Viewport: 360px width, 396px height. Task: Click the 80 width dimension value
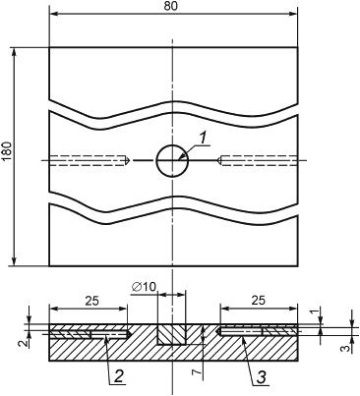[x=170, y=6]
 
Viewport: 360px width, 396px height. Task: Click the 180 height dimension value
[x=7, y=151]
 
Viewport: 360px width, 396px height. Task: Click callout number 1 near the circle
[x=203, y=139]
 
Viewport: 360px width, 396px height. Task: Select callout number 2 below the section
[x=118, y=377]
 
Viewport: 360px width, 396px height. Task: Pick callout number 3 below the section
[x=261, y=378]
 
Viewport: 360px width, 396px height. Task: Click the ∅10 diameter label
[x=144, y=287]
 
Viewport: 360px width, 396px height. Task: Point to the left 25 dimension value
[x=91, y=301]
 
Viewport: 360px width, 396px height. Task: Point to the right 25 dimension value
[x=259, y=300]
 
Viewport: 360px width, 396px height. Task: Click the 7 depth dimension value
[x=196, y=372]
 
